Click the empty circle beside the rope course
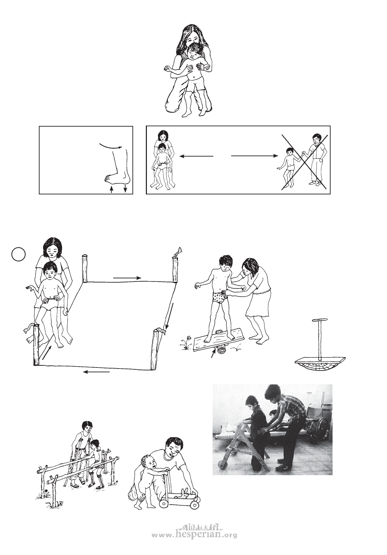click(19, 255)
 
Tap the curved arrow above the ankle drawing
click(110, 146)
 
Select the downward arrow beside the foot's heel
click(125, 188)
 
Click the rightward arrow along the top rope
click(127, 278)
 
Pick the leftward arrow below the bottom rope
click(96, 372)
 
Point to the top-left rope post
click(85, 269)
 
